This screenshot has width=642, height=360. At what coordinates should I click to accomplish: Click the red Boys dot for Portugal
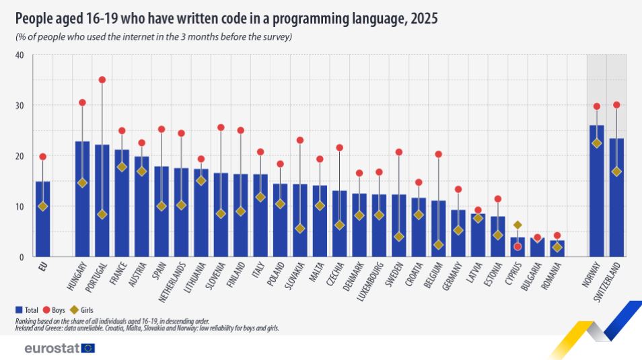[102, 80]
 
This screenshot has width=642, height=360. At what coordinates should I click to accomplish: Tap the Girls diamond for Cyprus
[517, 225]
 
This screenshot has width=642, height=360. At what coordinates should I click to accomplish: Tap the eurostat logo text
[51, 348]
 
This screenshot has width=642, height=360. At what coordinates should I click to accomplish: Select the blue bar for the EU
[43, 219]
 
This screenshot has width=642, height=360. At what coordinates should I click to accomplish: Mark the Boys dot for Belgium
[438, 154]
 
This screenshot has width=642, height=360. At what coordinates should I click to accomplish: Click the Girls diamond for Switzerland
[616, 172]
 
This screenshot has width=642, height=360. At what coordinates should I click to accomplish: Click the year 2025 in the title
[423, 19]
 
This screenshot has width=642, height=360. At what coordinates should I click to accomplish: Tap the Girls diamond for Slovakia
[299, 229]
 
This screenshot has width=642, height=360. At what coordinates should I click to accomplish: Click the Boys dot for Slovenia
[221, 127]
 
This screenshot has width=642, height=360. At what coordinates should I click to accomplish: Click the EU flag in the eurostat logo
[87, 348]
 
